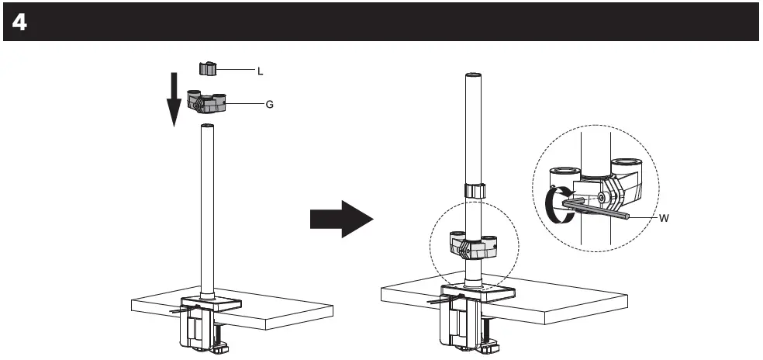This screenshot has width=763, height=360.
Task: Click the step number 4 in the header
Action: click(x=19, y=22)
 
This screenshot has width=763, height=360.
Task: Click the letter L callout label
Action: click(x=261, y=71)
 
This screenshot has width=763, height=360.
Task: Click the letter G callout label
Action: click(x=269, y=103)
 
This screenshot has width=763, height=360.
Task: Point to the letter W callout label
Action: click(x=664, y=218)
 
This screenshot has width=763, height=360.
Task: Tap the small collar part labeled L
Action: click(x=206, y=70)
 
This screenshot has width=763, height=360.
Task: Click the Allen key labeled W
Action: click(x=605, y=208)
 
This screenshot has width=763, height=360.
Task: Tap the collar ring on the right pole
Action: click(x=475, y=191)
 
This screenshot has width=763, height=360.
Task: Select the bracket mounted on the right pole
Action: click(x=474, y=247)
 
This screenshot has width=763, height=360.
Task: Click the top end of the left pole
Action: click(x=207, y=126)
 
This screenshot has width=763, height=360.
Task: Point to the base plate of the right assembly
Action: click(x=477, y=292)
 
